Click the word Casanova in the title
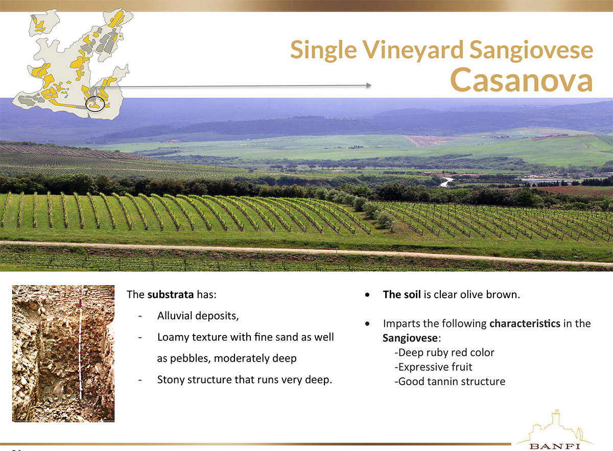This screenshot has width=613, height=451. pos(522,80)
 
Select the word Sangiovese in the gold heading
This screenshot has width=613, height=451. pos(531,51)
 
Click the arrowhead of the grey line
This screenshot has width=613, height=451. pos(369,85)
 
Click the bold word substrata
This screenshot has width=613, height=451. pos(171,295)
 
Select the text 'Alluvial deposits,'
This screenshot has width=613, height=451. pos(198,316)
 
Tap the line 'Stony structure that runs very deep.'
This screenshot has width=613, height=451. pos(244,380)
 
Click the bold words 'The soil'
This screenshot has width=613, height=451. pos(402,295)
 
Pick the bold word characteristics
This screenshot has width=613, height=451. pos(525,323)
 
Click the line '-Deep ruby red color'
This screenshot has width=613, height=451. pos(444,352)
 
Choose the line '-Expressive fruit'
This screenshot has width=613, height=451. pos(434,367)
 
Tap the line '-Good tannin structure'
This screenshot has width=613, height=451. pos(450,382)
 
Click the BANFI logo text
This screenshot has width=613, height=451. pos(555,446)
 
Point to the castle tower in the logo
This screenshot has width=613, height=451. pos(555,418)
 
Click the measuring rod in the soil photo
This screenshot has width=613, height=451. pos(80,349)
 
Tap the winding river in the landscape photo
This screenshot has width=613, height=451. pos(446,182)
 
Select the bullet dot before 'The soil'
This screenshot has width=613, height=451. pos(367,295)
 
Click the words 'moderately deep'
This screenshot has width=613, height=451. pos(255,359)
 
